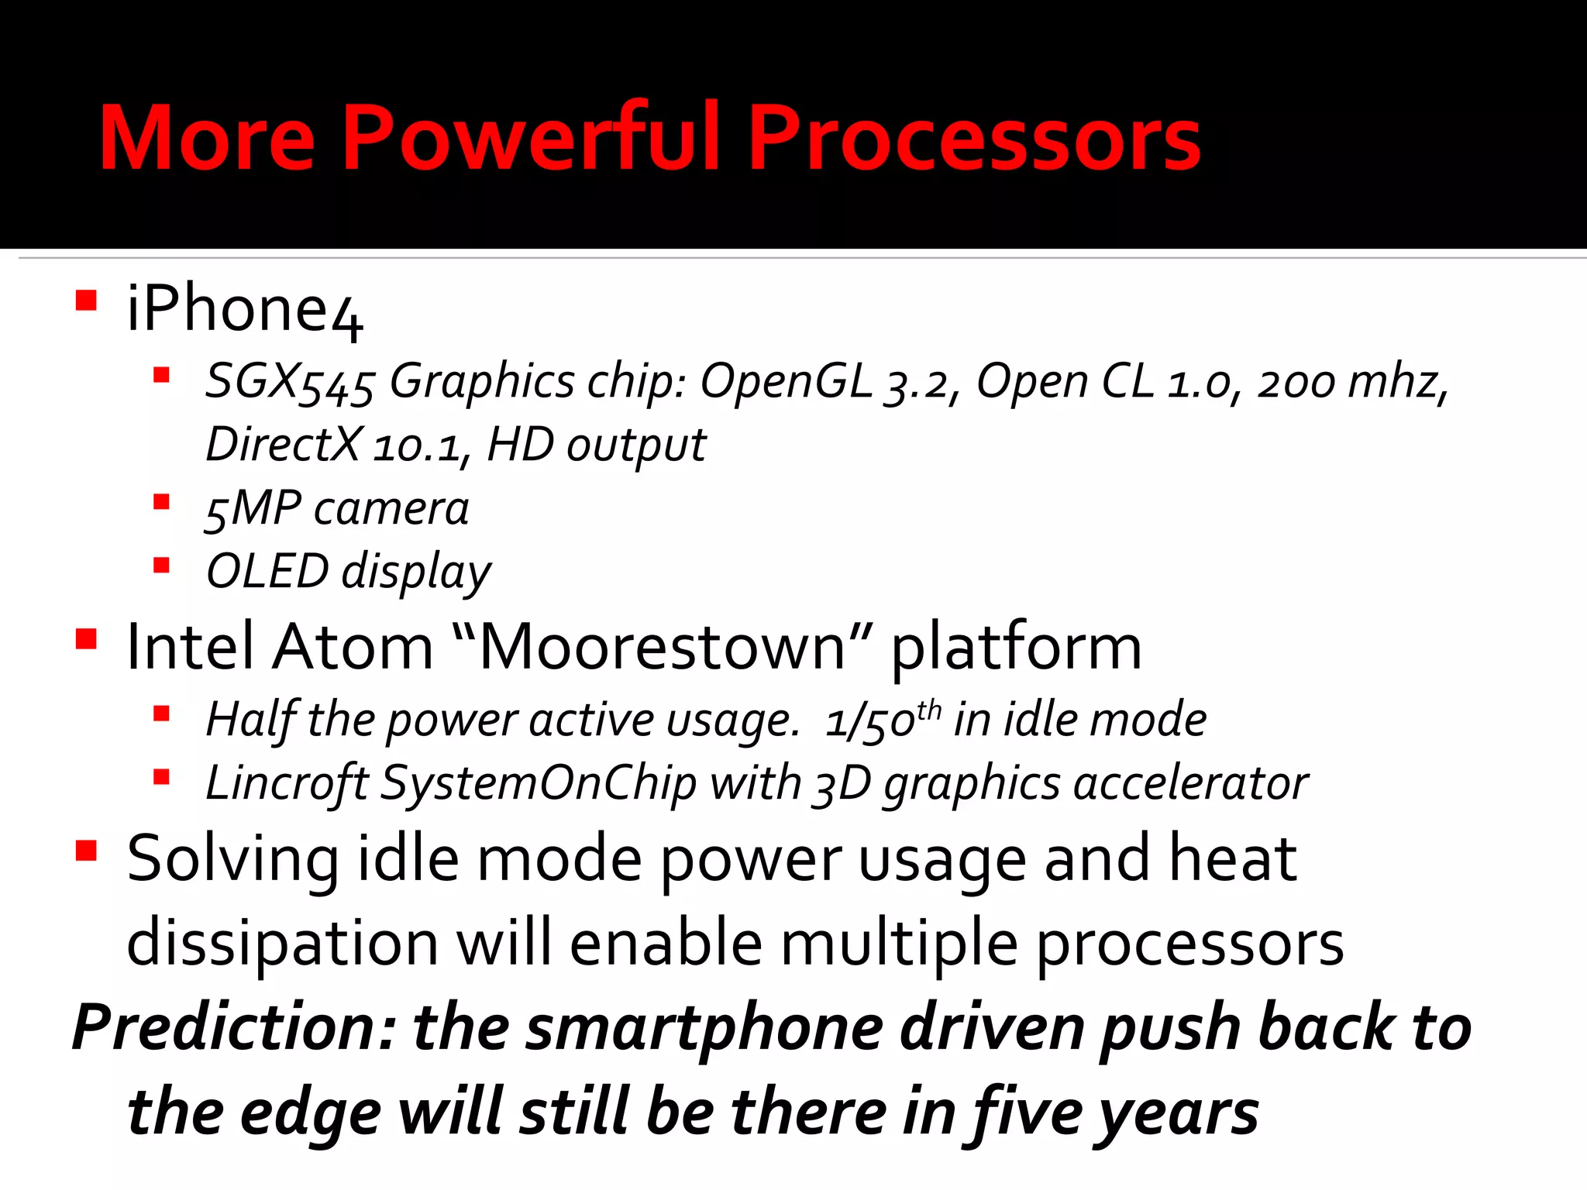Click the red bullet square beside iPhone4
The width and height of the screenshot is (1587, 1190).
86,301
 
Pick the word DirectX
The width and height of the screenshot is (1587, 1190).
283,445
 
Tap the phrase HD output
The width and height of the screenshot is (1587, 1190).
596,445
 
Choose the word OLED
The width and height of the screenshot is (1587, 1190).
267,572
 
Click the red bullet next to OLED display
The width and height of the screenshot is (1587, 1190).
161,565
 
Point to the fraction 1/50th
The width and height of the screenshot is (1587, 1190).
882,721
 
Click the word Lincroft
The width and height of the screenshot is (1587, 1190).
287,783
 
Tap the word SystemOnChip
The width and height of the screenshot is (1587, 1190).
539,783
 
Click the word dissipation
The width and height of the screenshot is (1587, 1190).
283,944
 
